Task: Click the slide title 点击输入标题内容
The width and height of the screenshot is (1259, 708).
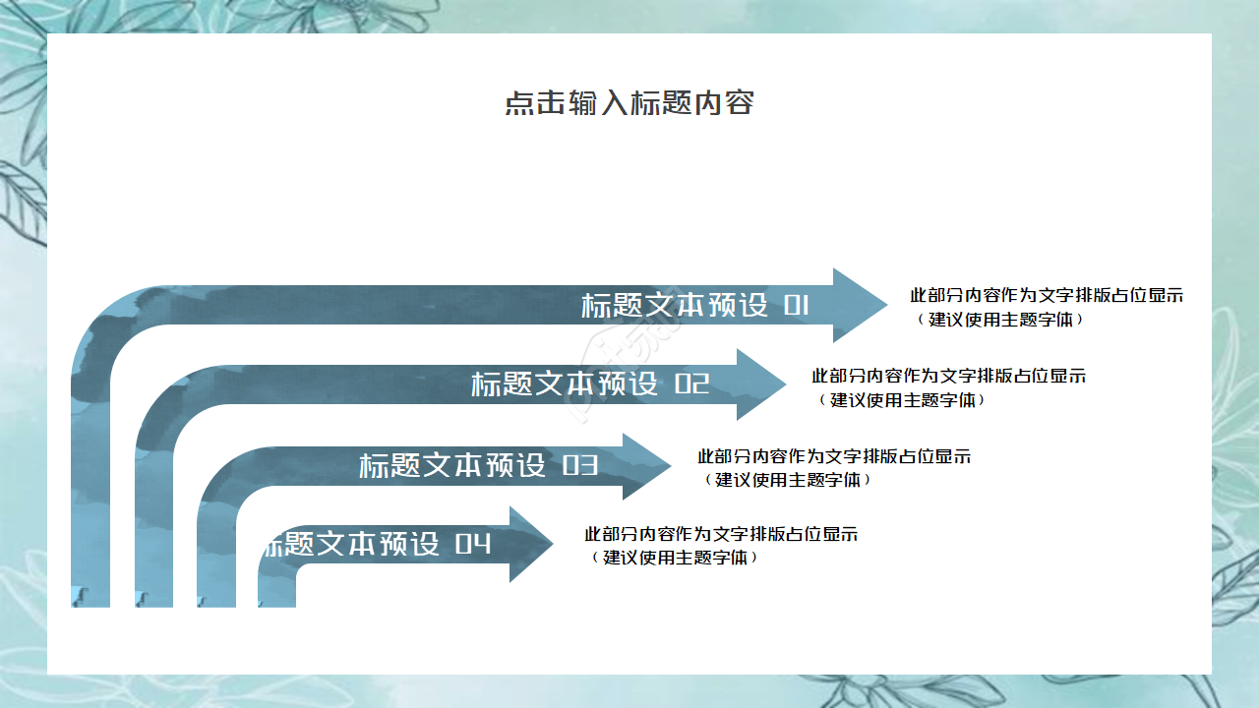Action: click(x=629, y=103)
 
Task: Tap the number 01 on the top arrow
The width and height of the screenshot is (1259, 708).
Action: click(x=796, y=306)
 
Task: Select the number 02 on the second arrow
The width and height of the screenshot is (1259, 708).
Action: click(x=691, y=384)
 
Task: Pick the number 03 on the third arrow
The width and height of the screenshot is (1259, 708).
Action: click(x=580, y=466)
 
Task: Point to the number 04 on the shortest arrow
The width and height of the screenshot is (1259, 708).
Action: click(x=473, y=544)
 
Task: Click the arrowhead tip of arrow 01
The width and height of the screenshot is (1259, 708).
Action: click(x=887, y=305)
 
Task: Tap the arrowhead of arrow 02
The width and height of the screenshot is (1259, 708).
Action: click(x=761, y=384)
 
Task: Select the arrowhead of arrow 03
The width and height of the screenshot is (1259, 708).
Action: click(x=647, y=466)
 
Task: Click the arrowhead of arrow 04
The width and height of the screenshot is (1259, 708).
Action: click(x=531, y=544)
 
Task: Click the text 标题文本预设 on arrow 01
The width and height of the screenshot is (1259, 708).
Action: click(x=675, y=306)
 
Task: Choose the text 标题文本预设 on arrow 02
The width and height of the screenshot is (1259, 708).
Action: click(x=565, y=384)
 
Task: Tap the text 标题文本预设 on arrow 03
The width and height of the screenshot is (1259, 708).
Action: click(x=452, y=466)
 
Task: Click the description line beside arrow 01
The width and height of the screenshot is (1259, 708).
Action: click(x=1047, y=296)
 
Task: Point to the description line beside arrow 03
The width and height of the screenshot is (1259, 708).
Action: click(x=834, y=456)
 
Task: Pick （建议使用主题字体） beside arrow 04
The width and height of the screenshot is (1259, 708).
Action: click(x=675, y=558)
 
